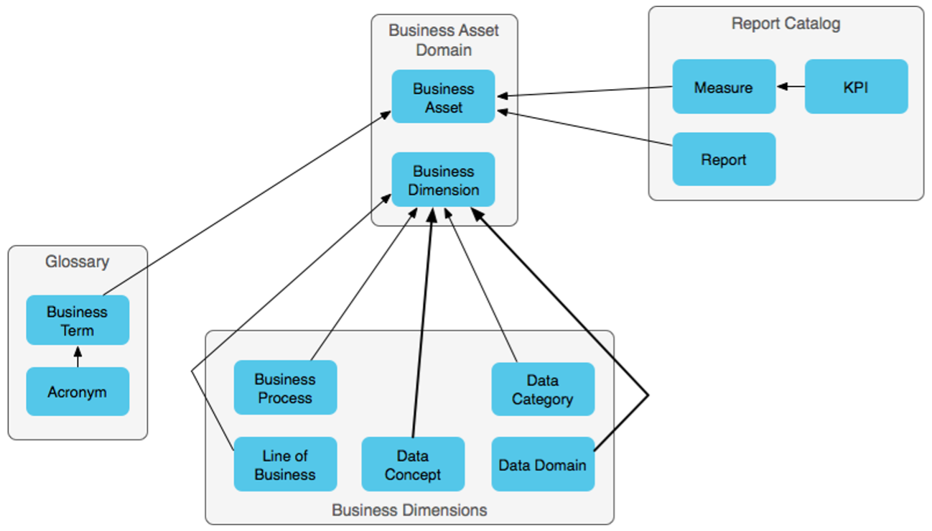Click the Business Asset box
pos(443,97)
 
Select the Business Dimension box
pos(443,180)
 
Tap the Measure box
pos(723,87)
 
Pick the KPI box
pos(856,87)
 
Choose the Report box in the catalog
pos(723,160)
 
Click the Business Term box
pos(77,320)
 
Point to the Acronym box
pos(77,392)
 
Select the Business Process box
pos(284,388)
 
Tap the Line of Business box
pos(284,464)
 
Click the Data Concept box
pos(412,464)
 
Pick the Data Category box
pos(542,389)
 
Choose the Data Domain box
pos(542,464)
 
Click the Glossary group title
pos(77,262)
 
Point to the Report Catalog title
pos(786,24)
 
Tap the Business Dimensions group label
pos(409,510)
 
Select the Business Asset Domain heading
pos(443,40)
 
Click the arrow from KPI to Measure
pos(791,87)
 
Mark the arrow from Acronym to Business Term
pos(78,356)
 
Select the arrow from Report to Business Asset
pos(585,129)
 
